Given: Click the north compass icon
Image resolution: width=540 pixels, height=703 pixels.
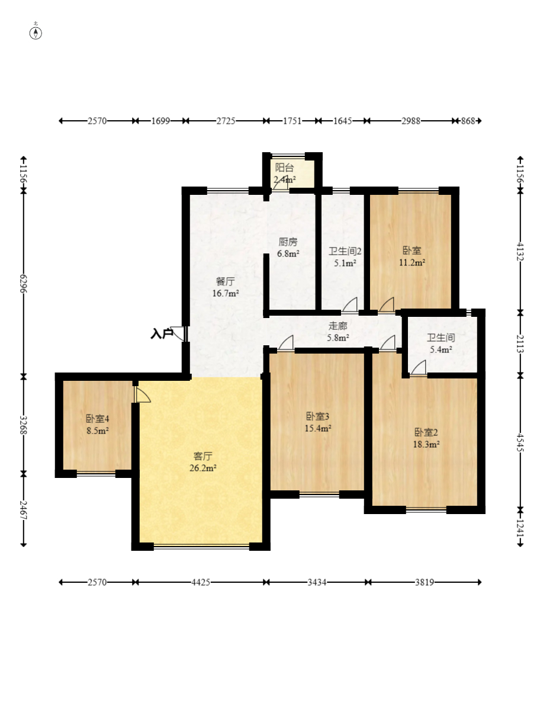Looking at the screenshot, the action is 36,33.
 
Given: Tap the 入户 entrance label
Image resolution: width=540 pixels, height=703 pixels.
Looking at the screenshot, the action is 162,333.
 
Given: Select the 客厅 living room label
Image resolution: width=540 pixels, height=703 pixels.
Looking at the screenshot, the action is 202,456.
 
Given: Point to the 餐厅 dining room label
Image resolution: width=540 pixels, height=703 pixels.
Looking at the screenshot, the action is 225,281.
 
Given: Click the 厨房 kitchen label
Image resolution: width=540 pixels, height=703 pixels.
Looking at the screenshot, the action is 288,242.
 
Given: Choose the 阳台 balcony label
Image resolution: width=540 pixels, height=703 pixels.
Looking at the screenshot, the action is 285,168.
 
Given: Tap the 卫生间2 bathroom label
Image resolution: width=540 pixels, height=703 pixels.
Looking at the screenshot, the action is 345,251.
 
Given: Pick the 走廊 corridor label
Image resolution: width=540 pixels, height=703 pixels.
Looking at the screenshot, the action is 338,326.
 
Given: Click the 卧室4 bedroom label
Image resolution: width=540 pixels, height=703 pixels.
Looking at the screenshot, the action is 98,419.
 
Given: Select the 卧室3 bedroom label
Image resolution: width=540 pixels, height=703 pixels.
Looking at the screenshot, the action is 318,416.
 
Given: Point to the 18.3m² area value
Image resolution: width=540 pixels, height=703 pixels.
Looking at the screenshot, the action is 426,444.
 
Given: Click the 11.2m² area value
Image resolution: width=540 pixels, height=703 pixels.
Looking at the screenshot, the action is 412,263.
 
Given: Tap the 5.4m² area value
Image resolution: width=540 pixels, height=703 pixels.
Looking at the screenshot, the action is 441,349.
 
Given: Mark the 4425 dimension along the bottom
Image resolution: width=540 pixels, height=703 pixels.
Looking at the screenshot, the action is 201,582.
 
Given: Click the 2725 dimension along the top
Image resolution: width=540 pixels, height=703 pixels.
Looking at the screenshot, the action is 226,121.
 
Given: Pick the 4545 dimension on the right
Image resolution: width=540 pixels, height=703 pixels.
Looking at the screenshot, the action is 520,442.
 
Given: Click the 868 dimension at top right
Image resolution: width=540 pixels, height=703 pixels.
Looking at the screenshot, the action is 468,121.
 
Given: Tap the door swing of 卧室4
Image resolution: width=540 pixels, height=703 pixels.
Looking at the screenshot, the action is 143,394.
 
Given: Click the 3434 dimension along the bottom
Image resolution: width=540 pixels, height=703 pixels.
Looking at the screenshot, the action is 317,582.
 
